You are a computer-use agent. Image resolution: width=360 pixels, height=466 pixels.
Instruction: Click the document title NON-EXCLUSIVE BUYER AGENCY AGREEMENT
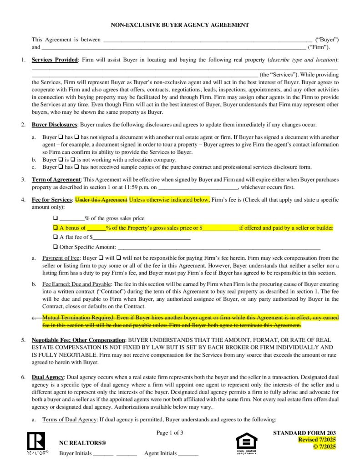(x=180, y=25)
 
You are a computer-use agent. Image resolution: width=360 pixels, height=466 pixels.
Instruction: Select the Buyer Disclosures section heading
(x=55, y=125)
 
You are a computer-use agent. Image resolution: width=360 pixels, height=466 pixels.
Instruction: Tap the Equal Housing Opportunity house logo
(x=246, y=442)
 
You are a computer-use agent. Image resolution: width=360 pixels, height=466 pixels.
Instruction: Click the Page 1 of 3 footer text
(x=170, y=433)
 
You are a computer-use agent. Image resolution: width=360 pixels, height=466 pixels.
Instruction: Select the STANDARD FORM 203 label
(x=304, y=433)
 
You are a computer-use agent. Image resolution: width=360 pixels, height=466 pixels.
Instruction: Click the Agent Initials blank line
(x=188, y=454)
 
